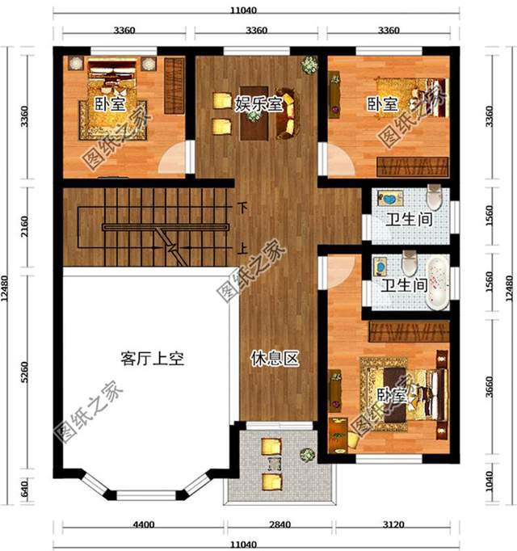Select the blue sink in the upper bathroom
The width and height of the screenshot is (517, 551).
[x=389, y=199]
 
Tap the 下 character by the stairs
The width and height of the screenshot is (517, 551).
[x=241, y=207]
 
